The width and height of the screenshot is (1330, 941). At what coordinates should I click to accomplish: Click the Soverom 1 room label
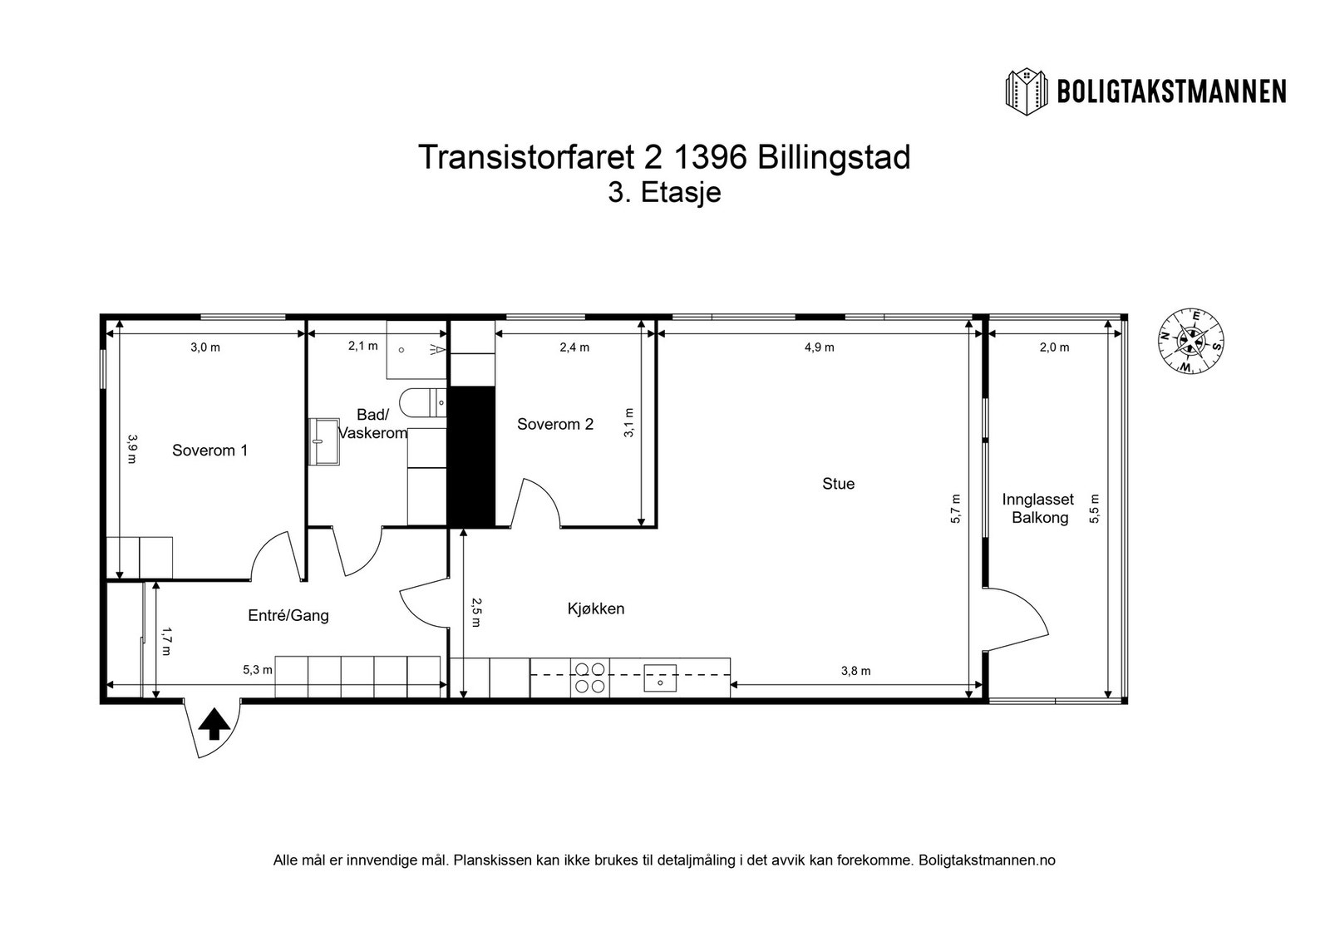coord(209,451)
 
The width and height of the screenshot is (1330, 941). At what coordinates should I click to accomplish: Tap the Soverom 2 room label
coord(555,424)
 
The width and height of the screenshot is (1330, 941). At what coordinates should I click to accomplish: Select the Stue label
coord(838,484)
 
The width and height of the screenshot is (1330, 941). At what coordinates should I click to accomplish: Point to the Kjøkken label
coord(596,608)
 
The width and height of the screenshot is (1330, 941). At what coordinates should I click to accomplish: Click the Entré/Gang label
coord(288,616)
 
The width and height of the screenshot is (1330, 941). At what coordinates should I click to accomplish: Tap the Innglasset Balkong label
coord(1037,509)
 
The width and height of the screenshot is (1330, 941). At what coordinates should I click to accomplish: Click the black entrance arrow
coord(214,724)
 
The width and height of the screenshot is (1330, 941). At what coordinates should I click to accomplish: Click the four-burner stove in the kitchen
coord(590,677)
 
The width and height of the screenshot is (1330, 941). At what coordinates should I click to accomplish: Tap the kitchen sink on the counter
coord(661,677)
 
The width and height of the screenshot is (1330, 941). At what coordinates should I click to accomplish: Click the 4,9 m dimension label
coord(819,347)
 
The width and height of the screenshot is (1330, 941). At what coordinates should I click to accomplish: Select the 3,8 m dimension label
coord(855,671)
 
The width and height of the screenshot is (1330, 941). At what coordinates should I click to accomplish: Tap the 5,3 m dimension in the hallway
coord(257,670)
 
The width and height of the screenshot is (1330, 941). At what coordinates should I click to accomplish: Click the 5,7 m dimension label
coord(955,509)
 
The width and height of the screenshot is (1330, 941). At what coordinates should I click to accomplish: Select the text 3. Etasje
coord(664,193)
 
